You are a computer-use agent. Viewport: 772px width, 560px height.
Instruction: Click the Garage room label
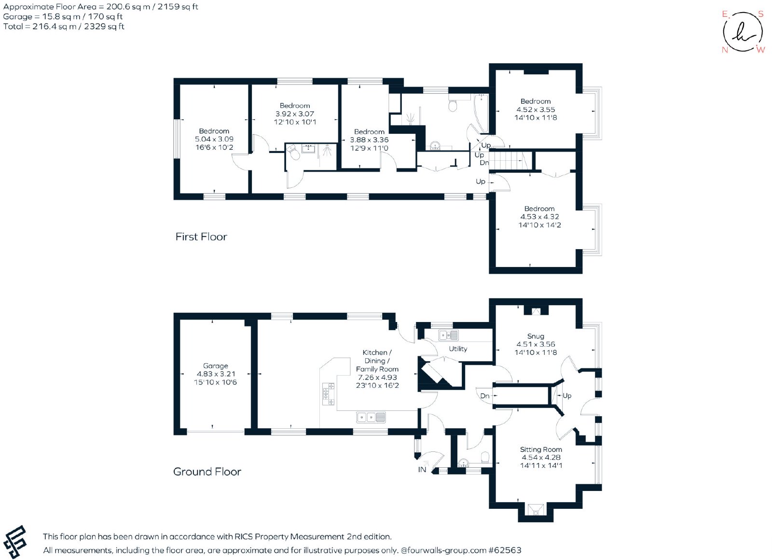[x=215, y=366]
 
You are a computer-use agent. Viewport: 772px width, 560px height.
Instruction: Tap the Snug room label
[x=536, y=336]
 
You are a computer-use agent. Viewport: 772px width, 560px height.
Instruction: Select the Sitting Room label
[x=541, y=449]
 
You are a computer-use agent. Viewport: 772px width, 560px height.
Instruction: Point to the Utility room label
[x=458, y=349]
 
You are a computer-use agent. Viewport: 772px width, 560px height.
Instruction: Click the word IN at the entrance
[x=422, y=470]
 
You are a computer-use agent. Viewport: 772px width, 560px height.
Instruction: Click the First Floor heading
[x=201, y=237]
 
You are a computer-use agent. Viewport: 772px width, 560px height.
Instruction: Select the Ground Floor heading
[x=207, y=471]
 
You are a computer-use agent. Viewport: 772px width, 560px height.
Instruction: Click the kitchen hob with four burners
[x=328, y=394]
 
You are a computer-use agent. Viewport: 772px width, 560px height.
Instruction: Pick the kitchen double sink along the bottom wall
[x=371, y=417]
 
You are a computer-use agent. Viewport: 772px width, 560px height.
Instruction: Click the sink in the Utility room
[x=448, y=335]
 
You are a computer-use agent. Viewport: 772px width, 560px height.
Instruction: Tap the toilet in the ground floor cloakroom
[x=485, y=457]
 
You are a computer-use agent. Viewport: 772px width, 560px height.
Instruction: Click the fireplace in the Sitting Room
[x=536, y=510]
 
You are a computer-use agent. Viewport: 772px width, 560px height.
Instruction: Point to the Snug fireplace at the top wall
[x=536, y=312]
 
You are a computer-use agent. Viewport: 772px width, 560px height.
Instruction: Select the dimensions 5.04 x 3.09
[x=214, y=139]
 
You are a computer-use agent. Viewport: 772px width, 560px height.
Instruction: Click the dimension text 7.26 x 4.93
[x=377, y=377]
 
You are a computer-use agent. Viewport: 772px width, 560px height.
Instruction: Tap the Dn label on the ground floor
[x=484, y=396]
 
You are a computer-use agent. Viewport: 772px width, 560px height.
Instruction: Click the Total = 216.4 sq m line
[x=64, y=27]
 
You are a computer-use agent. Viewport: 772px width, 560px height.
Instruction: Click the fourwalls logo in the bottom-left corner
[x=14, y=541]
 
